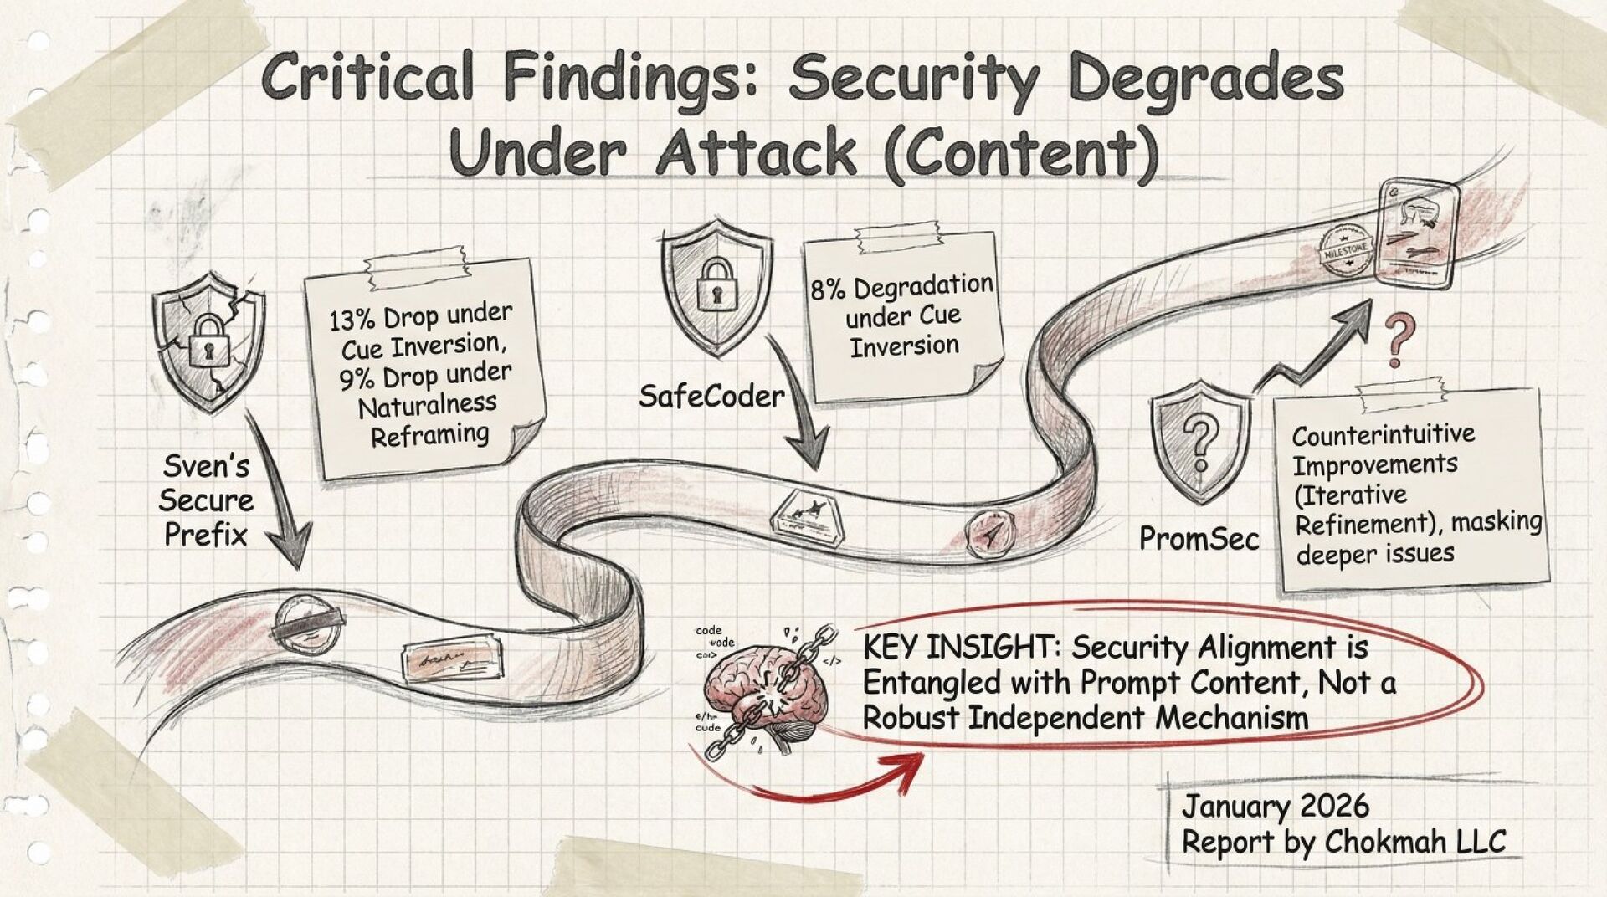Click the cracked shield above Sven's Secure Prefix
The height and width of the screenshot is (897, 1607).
208,342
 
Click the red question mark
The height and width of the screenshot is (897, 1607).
1395,339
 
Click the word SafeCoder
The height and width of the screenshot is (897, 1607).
711,396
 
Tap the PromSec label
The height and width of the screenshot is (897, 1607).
1199,539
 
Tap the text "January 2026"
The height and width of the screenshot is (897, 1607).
1275,807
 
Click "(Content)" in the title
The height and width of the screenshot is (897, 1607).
1021,153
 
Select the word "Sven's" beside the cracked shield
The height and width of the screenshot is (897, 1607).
205,466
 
